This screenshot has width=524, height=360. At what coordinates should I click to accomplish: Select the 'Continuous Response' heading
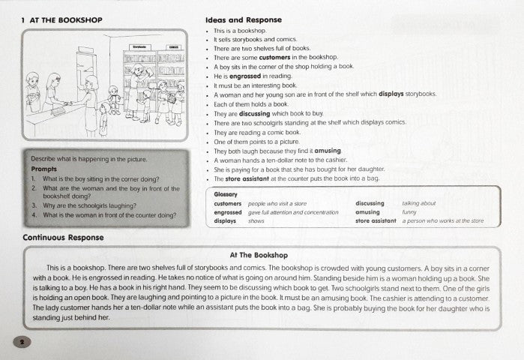point(63,237)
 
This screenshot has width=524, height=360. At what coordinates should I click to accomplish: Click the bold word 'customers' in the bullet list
point(275,57)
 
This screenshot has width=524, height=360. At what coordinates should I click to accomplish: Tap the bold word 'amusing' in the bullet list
point(327,151)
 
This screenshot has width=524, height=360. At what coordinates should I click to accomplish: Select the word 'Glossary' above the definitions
point(226,193)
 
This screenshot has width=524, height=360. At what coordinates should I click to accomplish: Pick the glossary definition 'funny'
point(409,212)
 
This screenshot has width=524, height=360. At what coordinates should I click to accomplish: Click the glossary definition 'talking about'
point(420,202)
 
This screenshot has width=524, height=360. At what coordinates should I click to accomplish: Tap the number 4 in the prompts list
point(35,215)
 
